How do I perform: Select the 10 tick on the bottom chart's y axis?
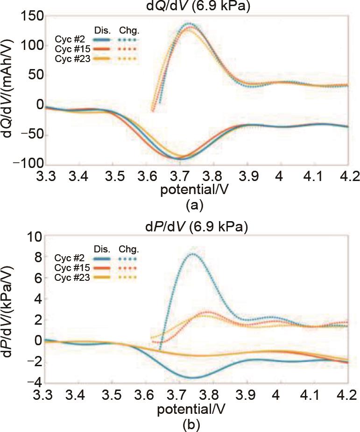[35, 237]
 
